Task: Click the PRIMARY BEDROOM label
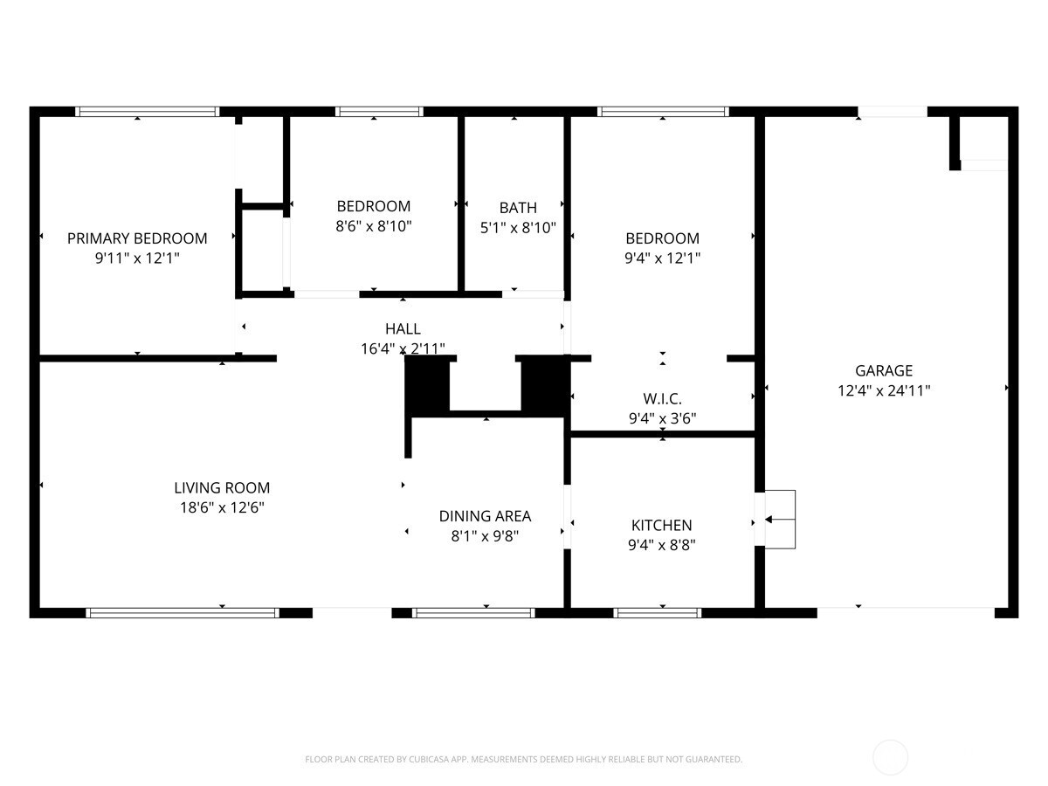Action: [137, 238]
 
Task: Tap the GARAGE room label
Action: [883, 370]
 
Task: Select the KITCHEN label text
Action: [661, 525]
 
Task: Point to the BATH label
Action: [518, 208]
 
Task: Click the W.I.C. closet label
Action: [662, 399]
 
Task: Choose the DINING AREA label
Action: [485, 516]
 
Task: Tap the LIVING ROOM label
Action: [222, 488]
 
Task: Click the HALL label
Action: [403, 329]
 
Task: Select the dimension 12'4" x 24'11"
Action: [883, 391]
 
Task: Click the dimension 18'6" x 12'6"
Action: [222, 507]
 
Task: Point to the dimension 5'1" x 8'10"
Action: [518, 227]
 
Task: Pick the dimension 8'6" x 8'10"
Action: [374, 226]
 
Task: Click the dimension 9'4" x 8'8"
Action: [661, 545]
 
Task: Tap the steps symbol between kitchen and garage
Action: [780, 520]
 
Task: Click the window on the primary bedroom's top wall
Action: [147, 111]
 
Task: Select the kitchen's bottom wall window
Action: [658, 612]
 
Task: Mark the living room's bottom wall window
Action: [183, 612]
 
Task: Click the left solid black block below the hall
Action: [428, 386]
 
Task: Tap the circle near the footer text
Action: [890, 757]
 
